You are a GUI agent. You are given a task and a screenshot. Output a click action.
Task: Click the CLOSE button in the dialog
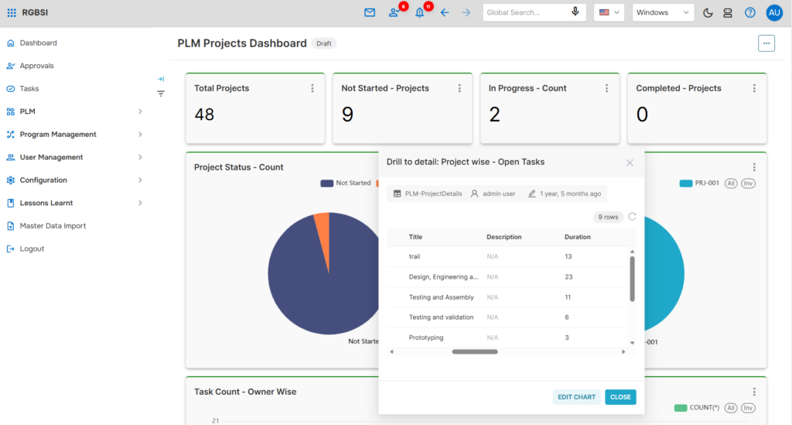[x=620, y=397]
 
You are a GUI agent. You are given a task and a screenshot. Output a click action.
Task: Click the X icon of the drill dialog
[x=630, y=163]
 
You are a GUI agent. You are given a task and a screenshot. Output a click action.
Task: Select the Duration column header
[x=577, y=237]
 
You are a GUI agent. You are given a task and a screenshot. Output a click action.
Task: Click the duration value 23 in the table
[x=568, y=277]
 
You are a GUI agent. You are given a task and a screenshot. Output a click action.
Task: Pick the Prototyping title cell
[x=426, y=338]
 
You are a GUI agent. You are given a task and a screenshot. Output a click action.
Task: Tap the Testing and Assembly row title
[x=441, y=297]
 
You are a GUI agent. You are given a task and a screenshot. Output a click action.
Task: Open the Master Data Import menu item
[x=53, y=226]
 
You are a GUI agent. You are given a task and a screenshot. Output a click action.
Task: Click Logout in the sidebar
[x=32, y=248]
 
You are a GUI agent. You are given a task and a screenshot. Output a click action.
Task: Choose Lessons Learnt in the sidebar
[x=46, y=203]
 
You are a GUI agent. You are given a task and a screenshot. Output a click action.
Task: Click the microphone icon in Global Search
[x=575, y=12]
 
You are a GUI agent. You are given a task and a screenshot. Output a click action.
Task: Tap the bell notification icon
[x=419, y=12]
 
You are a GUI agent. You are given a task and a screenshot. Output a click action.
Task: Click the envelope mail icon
[x=370, y=12]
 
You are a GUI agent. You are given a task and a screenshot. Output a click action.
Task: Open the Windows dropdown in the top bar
[x=663, y=12]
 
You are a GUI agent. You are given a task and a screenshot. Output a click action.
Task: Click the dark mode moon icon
[x=708, y=12]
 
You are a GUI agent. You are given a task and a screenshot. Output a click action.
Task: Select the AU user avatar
[x=774, y=12]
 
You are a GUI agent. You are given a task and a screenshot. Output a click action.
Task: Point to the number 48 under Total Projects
[x=204, y=115]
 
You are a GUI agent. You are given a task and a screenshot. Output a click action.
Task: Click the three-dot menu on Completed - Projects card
[x=754, y=88]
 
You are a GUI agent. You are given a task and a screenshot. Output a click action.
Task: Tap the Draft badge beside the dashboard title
[x=324, y=43]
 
